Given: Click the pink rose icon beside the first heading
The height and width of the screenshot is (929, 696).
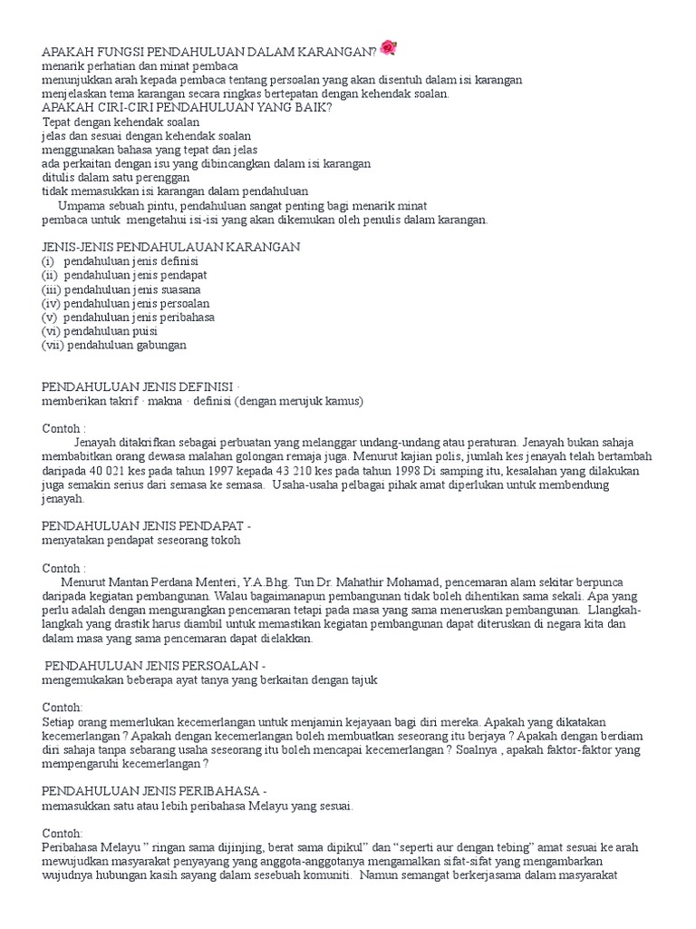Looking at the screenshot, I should tap(389, 47).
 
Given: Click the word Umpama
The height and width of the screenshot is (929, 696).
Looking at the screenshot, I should tap(81, 205).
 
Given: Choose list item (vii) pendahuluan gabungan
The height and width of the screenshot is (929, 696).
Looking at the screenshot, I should tap(113, 345).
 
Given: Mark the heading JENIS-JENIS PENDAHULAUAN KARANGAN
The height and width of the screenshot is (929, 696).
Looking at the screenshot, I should tap(171, 247).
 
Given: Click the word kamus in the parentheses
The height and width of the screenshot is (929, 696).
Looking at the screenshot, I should tap(344, 401).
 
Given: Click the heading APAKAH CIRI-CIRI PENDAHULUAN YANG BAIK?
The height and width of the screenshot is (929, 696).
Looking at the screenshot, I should tap(187, 107).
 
